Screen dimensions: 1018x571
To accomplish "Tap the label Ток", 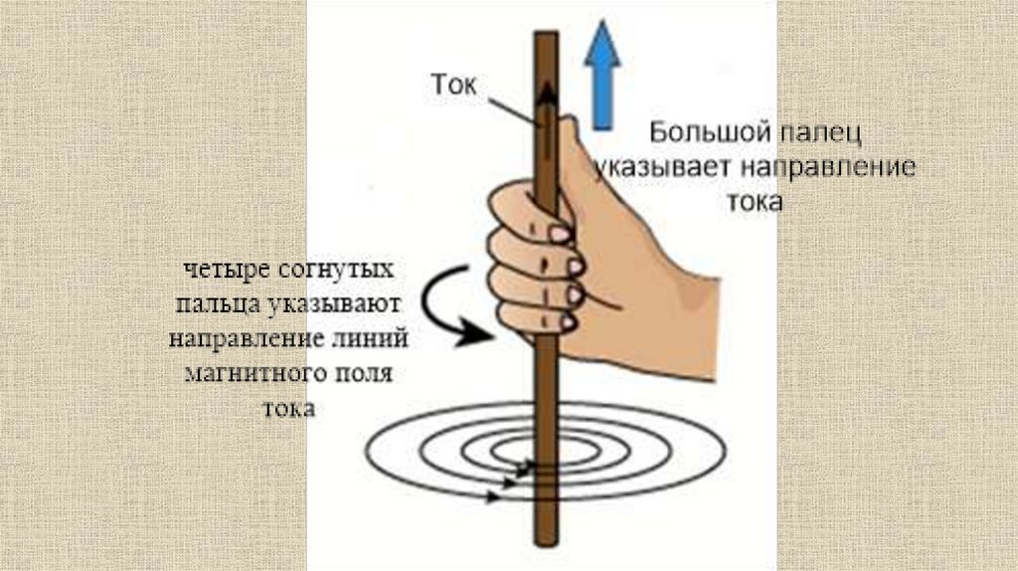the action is [453, 85].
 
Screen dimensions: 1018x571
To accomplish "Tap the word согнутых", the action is [336, 269].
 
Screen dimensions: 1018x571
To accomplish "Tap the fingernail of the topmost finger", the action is [560, 234].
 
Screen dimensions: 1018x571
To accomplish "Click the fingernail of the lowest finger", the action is [568, 321].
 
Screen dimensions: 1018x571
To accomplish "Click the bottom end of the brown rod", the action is [547, 543].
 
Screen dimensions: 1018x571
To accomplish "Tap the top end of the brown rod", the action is [547, 34].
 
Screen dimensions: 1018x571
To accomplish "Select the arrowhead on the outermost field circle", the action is [493, 497].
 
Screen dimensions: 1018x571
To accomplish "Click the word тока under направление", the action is [755, 202].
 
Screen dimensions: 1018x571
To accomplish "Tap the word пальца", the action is [217, 304].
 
